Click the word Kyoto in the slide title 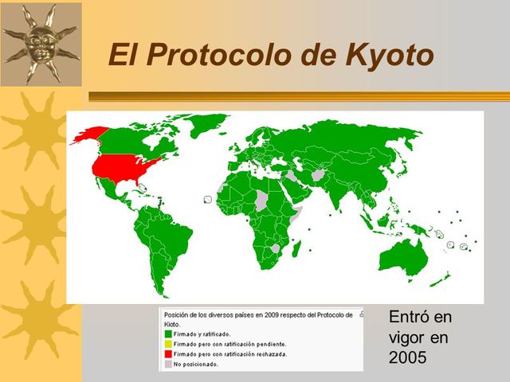(x=390, y=56)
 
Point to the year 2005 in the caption (x=408, y=358)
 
